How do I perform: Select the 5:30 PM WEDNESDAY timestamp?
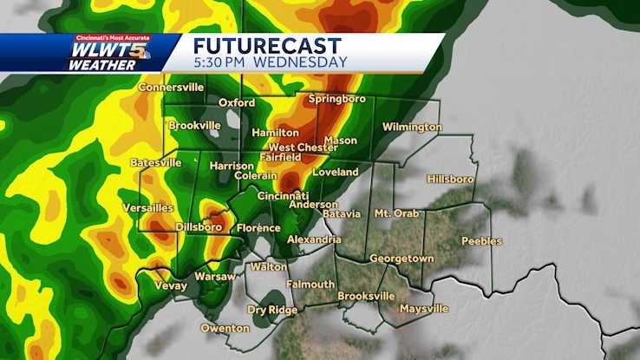pos(270,62)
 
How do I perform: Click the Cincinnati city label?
pos(283,195)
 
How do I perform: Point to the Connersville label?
pos(171,88)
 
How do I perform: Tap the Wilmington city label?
pos(413,128)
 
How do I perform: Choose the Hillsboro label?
pos(450,180)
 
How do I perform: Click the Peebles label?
pos(481,241)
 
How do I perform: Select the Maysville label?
pos(423,309)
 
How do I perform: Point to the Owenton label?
pos(225,328)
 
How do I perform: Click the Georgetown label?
pos(401,259)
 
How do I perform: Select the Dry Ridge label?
pos(269,310)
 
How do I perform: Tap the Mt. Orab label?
pos(395,213)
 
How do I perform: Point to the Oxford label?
pos(236,102)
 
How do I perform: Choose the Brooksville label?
pos(366,296)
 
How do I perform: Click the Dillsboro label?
pos(199,227)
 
